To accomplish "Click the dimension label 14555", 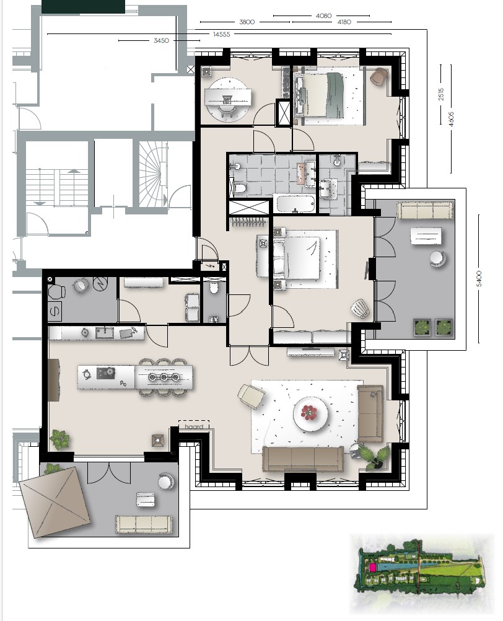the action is click(x=221, y=34).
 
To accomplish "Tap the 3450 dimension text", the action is click(x=162, y=40).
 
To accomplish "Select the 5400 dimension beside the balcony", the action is click(x=479, y=279).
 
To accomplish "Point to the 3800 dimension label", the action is click(x=247, y=22).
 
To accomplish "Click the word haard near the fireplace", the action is click(x=194, y=426).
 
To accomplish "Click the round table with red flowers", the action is click(x=311, y=413).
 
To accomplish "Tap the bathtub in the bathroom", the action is click(x=295, y=205).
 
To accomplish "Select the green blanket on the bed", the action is click(x=335, y=95).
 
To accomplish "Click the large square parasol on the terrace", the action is click(x=55, y=502).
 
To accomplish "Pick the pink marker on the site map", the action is click(x=372, y=568).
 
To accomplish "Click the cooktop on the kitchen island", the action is click(x=106, y=373).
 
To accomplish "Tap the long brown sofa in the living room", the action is click(x=303, y=459).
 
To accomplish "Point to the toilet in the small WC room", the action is click(x=214, y=288).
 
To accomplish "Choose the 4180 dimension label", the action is click(x=344, y=22).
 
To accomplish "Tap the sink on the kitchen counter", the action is click(x=105, y=333).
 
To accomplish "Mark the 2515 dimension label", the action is click(x=441, y=94).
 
